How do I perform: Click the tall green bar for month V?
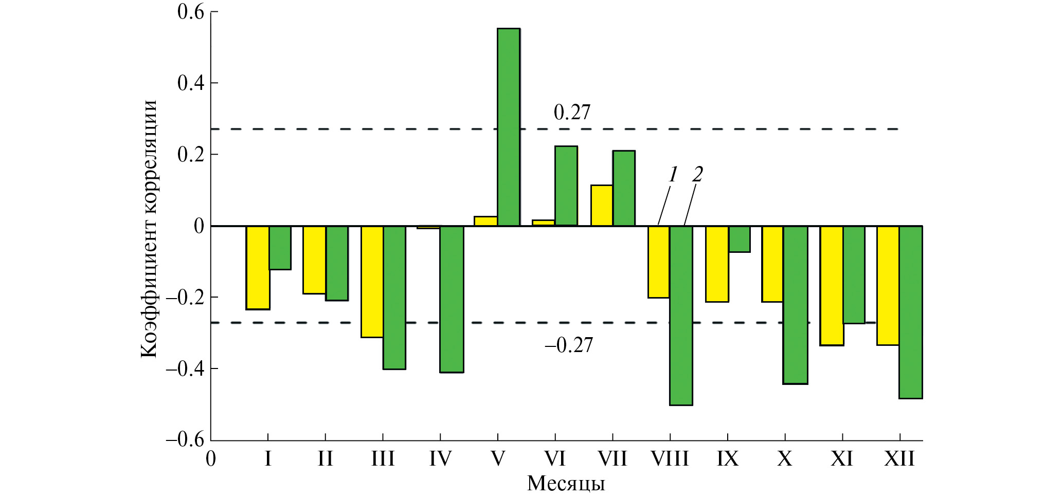coord(509,127)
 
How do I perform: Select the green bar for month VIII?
coord(681,315)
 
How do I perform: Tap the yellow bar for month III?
coord(372,282)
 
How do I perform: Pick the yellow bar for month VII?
coord(602,205)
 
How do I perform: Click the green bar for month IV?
coord(452,299)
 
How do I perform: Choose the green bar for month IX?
coord(739,239)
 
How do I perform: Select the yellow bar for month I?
coord(258,268)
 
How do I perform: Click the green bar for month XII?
coord(911,312)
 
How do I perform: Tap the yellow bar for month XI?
coord(832,285)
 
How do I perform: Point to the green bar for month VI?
coord(566,186)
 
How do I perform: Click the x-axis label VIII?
coord(670,458)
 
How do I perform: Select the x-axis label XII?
coord(899,458)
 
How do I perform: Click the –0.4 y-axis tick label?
coord(185,368)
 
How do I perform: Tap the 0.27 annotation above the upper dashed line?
coord(572,113)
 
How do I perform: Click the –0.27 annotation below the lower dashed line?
coord(569,345)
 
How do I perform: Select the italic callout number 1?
coord(673,175)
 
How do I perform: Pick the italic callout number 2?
coord(697,175)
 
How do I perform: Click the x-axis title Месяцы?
coord(566,484)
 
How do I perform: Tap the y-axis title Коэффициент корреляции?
coord(149,229)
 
